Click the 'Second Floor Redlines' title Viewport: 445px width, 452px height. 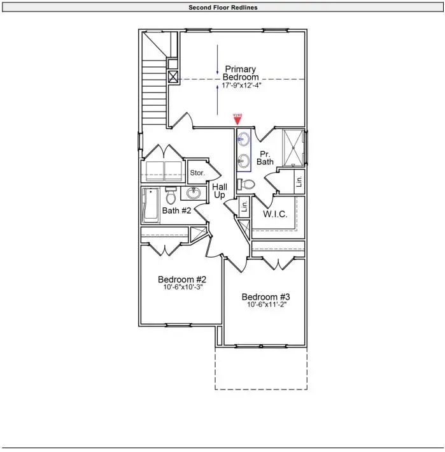pos(222,8)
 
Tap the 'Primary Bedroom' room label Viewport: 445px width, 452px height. pos(241,73)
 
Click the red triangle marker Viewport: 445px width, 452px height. pos(237,120)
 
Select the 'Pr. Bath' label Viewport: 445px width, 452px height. pos(265,157)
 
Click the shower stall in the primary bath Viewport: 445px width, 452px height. pos(293,147)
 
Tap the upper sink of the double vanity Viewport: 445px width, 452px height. pos(244,138)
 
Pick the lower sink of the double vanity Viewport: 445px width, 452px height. pos(244,159)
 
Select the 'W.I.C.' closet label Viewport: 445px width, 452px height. pos(275,214)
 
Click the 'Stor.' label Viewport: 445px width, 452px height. pos(196,172)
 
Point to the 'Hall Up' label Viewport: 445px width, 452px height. pos(220,190)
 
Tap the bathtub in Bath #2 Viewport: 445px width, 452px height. pos(151,205)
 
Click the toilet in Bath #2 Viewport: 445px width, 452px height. pos(171,196)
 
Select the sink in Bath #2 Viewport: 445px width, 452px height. pos(193,193)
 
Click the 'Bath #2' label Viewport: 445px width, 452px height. pos(176,210)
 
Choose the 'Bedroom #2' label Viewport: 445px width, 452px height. pos(181,279)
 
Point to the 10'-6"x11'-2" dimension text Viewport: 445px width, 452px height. pos(265,305)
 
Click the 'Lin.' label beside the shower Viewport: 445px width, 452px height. pos(299,182)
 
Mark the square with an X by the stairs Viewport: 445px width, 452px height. pos(173,78)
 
